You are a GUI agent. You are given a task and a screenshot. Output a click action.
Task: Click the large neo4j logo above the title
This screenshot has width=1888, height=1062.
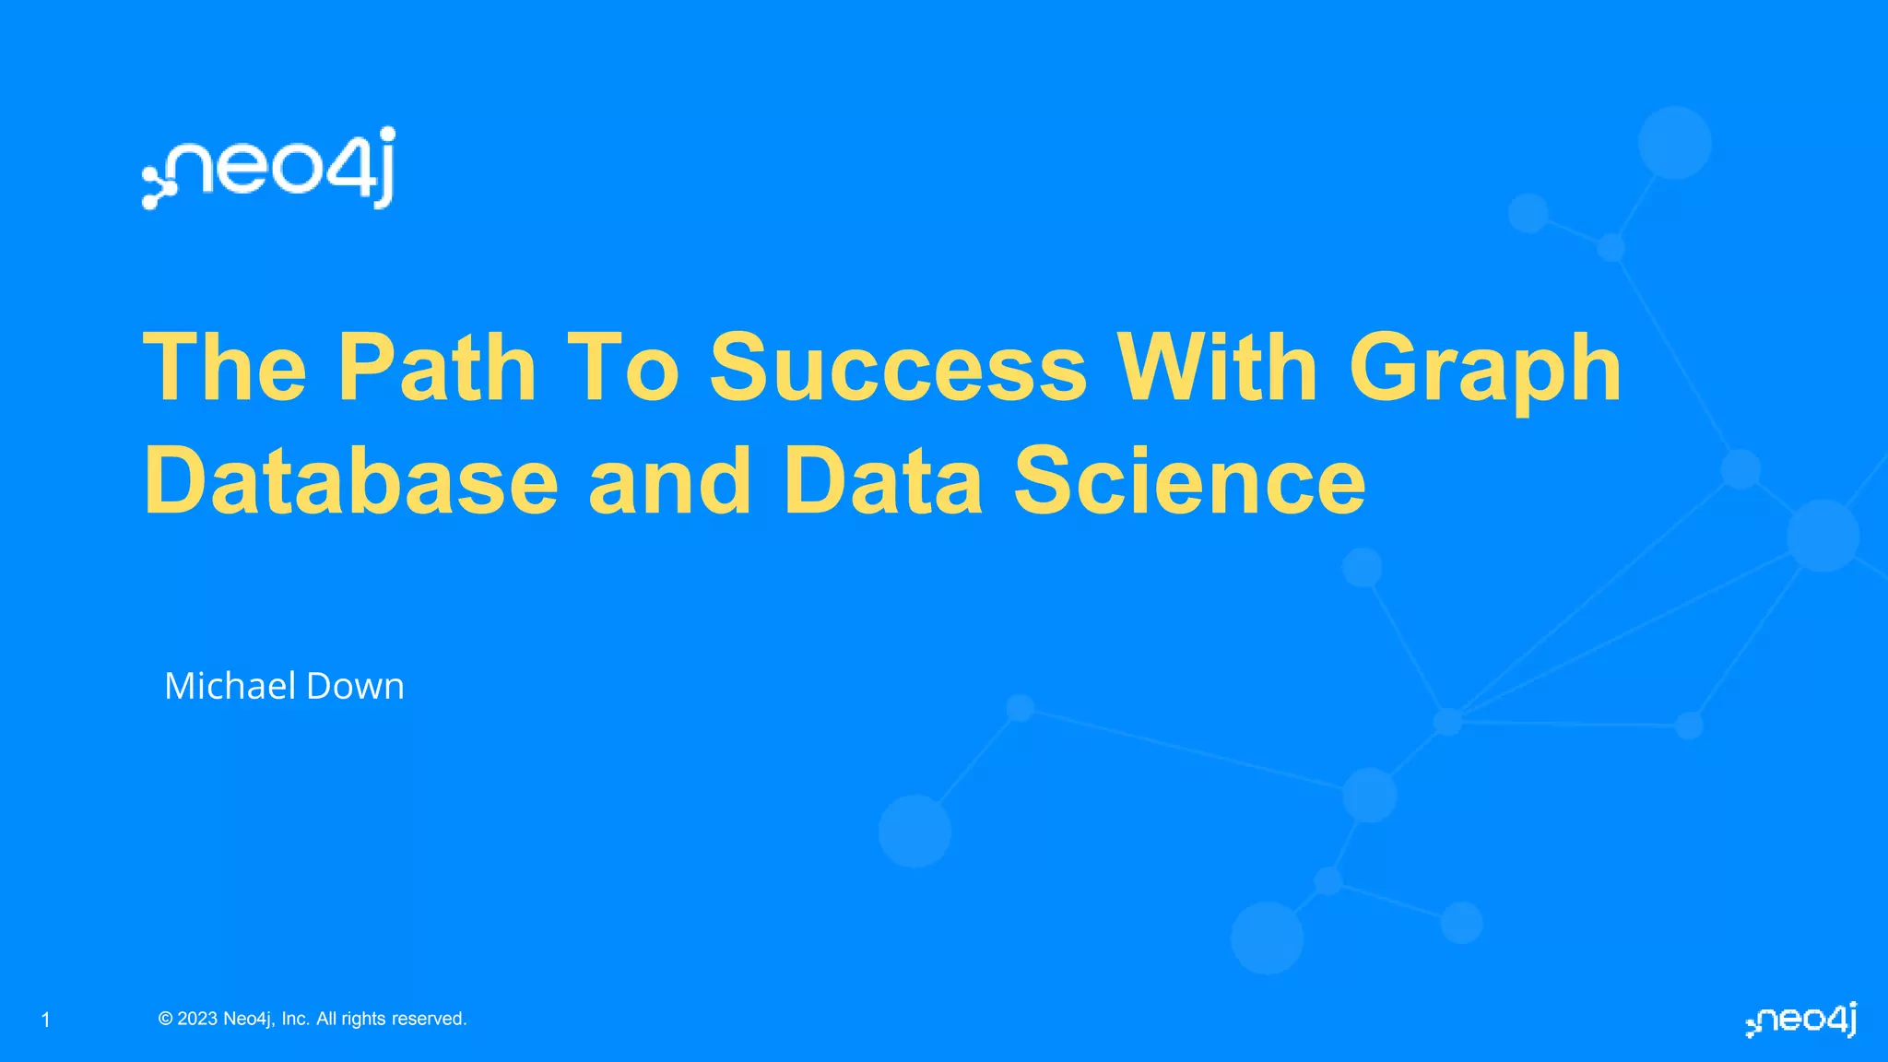pos(268,168)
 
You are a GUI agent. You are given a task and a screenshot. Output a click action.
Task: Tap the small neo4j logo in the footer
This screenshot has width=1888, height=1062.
pos(1800,1020)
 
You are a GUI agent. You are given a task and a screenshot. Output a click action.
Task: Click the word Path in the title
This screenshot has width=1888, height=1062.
pos(437,368)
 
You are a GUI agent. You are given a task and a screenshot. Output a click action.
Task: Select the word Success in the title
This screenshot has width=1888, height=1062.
pos(898,368)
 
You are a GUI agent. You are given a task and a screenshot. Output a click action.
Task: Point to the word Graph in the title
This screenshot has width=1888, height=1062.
pos(1484,368)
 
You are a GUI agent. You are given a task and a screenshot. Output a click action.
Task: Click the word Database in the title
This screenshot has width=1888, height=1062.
pos(351,481)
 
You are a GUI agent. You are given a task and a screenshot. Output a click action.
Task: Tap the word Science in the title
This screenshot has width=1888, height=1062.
pos(1189,481)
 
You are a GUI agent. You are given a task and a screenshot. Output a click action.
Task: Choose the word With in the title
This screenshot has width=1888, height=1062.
pos(1217,368)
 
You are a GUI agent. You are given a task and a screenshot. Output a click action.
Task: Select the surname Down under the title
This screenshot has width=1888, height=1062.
pos(355,686)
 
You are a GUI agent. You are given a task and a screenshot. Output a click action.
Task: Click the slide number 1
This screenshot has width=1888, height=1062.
pos(46,1020)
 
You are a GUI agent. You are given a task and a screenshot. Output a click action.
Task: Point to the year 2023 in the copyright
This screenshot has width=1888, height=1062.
pos(197,1019)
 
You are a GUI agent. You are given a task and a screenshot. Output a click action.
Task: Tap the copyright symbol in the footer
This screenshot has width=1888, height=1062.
pos(166,1019)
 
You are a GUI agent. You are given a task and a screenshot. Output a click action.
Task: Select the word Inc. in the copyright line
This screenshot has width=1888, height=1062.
pos(295,1019)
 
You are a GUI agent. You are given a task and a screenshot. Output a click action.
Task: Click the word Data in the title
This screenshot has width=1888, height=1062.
pos(883,481)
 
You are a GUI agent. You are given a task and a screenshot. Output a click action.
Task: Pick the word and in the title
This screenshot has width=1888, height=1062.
pos(670,481)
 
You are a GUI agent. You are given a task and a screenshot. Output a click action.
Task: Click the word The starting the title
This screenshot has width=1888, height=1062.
pos(225,368)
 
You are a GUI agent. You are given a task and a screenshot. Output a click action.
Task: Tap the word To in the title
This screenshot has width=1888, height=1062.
pos(622,368)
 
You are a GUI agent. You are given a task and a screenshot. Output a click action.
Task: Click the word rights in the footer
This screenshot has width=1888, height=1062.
pos(363,1019)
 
